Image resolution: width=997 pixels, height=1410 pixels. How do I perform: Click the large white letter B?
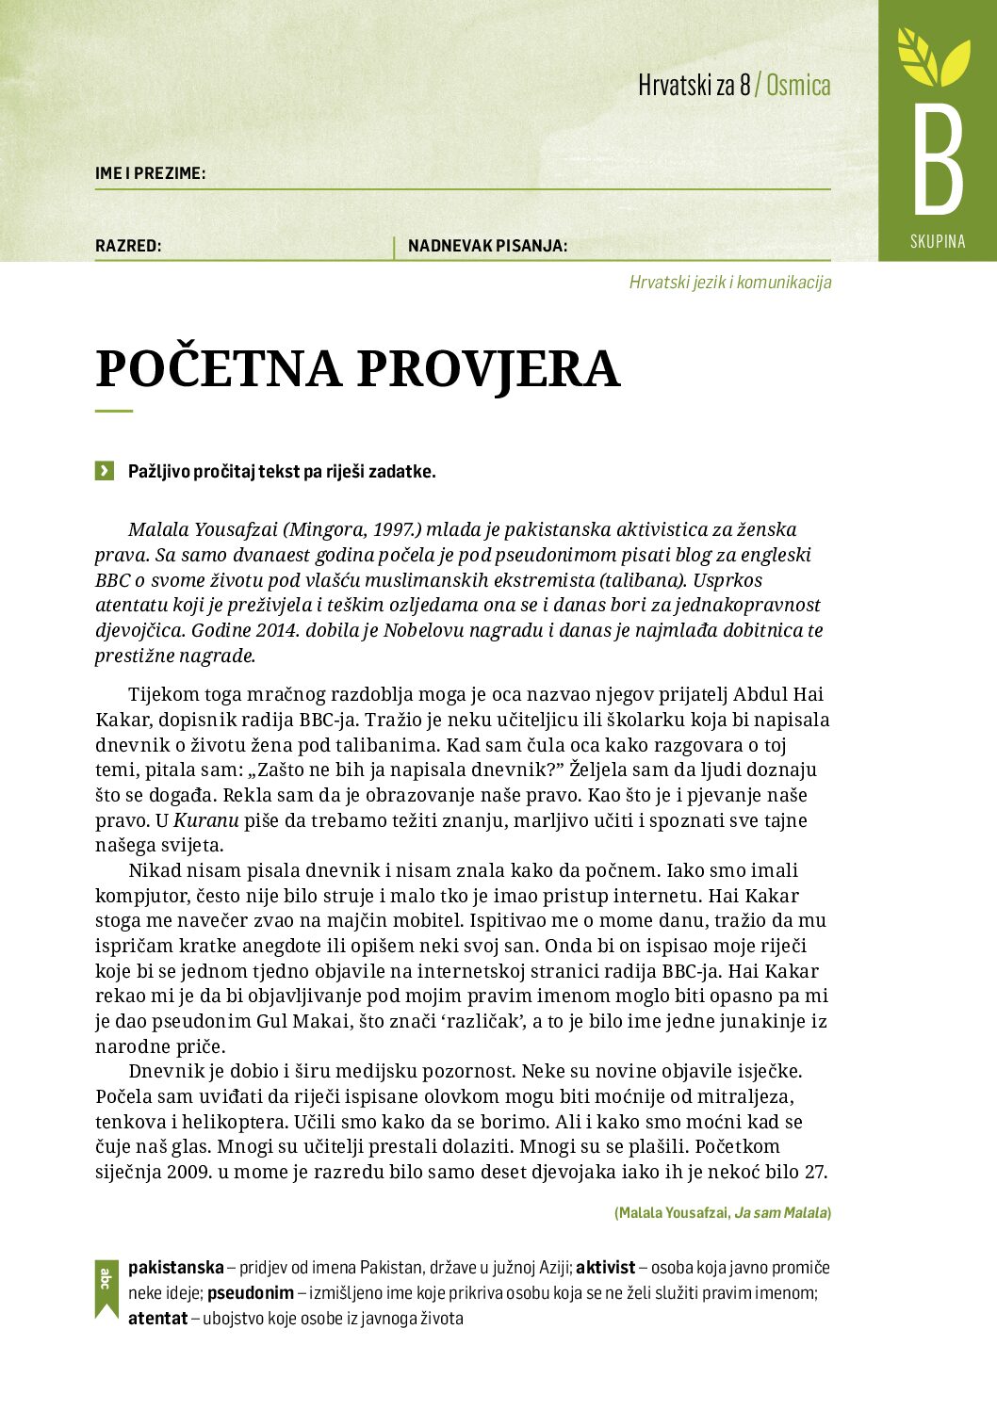click(938, 160)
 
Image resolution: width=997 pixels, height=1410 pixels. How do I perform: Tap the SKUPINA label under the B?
click(938, 241)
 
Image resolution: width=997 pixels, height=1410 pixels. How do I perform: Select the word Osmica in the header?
click(798, 86)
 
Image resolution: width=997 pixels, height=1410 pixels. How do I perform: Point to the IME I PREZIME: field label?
click(150, 173)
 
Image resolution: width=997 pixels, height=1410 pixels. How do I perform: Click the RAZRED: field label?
click(128, 246)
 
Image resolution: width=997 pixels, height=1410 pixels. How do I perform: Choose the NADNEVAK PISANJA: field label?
click(487, 246)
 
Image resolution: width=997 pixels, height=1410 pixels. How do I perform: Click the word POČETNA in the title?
click(218, 368)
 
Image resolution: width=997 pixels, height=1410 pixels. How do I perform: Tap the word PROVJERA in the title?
click(488, 368)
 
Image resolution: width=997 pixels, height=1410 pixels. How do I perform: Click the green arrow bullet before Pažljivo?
click(105, 471)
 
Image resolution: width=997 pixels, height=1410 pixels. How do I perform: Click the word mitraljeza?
click(744, 1096)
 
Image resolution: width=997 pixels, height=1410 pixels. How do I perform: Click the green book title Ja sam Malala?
click(780, 1213)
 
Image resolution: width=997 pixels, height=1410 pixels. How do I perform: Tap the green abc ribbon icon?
click(106, 1287)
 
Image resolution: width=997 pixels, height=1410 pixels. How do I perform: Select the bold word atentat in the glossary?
click(157, 1319)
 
